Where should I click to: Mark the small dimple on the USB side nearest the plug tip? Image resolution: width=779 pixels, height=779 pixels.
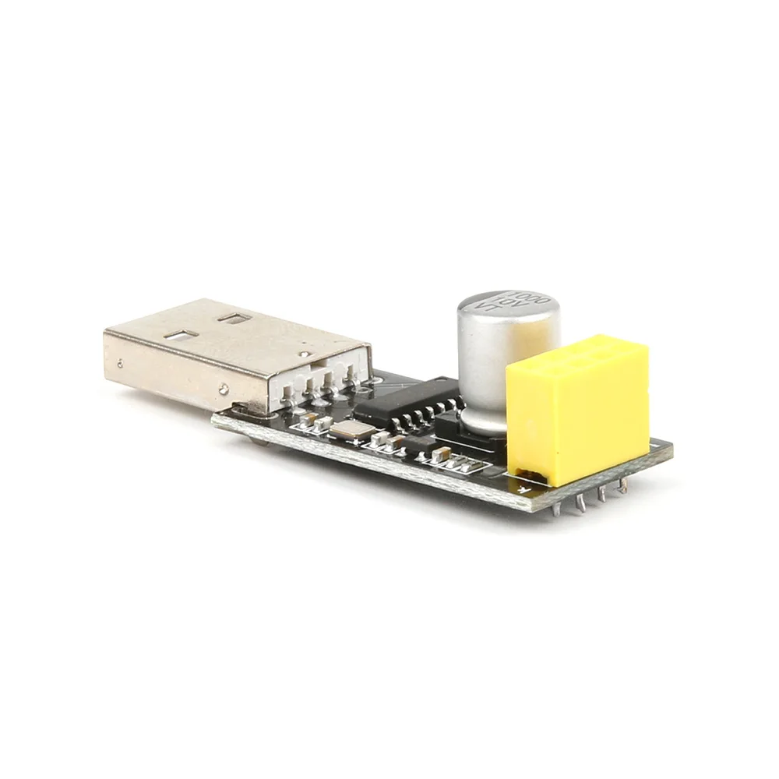click(120, 361)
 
